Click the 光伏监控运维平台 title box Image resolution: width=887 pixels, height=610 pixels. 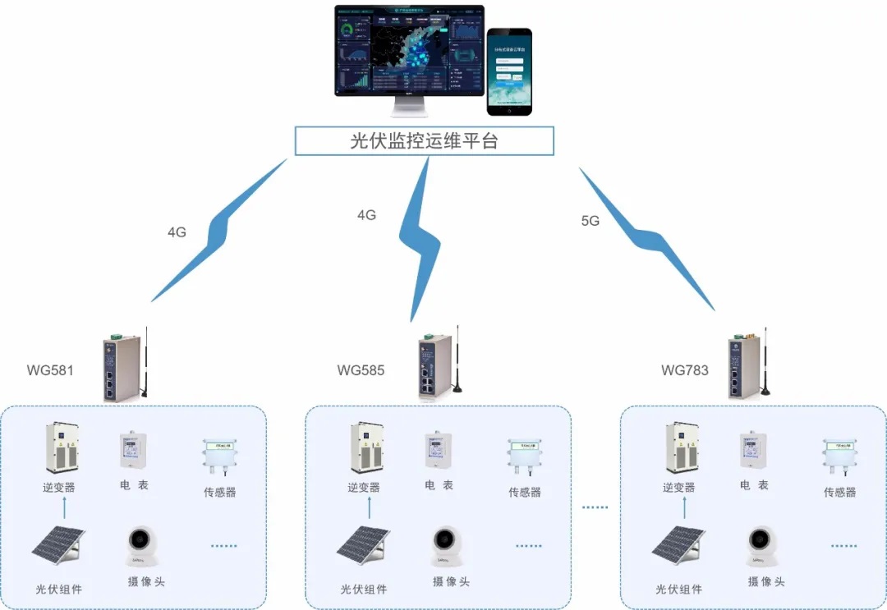pyautogui.click(x=425, y=140)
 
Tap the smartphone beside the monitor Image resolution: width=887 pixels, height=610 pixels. pyautogui.click(x=509, y=71)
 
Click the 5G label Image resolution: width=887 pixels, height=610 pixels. pyautogui.click(x=590, y=221)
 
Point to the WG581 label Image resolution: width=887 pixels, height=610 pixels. pyautogui.click(x=50, y=370)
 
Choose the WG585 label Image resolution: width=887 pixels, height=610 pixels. pyautogui.click(x=361, y=370)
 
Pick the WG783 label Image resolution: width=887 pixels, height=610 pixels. pyautogui.click(x=684, y=370)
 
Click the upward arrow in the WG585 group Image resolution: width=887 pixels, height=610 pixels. pyautogui.click(x=369, y=507)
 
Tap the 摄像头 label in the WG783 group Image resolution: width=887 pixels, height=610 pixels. pyautogui.click(x=766, y=582)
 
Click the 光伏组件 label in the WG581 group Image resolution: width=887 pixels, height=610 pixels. pyautogui.click(x=58, y=589)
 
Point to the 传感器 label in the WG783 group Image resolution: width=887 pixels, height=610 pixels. pyautogui.click(x=839, y=493)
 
